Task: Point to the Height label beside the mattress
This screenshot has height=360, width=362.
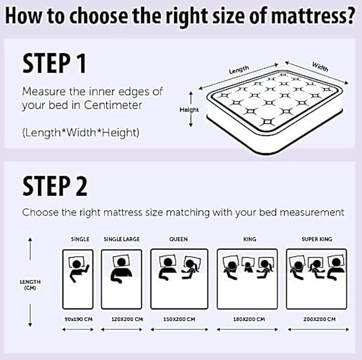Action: (x=189, y=110)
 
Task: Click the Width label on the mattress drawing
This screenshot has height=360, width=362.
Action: (x=320, y=68)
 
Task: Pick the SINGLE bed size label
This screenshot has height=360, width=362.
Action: (x=80, y=239)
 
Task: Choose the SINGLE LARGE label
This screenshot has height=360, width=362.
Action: (x=122, y=239)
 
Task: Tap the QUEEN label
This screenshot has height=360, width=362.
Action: (x=178, y=239)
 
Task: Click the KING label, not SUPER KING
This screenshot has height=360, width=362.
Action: (x=250, y=239)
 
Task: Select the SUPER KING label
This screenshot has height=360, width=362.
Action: (x=317, y=239)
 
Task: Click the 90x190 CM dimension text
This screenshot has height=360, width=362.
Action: (x=79, y=319)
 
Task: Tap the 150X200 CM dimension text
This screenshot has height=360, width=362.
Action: (x=179, y=319)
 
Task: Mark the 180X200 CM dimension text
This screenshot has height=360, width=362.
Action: (x=250, y=319)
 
